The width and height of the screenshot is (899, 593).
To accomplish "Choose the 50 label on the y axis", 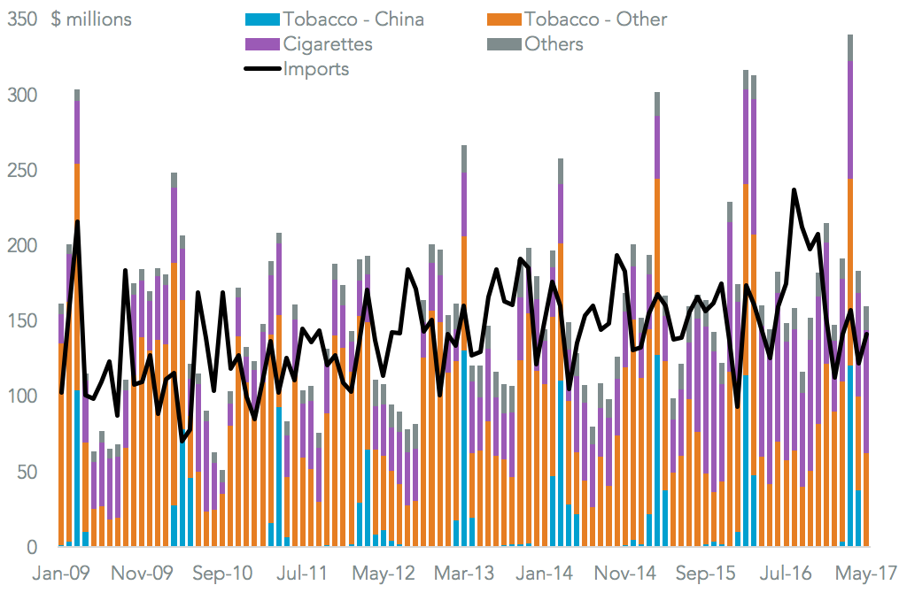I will [x=25, y=472].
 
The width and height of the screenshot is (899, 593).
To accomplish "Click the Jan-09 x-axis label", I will [x=61, y=573].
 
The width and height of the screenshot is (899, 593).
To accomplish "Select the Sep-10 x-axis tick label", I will [x=224, y=573].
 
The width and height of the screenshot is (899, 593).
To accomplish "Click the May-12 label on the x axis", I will [x=384, y=573].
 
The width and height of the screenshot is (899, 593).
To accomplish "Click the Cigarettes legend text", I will [x=328, y=43].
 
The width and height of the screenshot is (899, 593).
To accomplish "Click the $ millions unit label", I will [x=91, y=19].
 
